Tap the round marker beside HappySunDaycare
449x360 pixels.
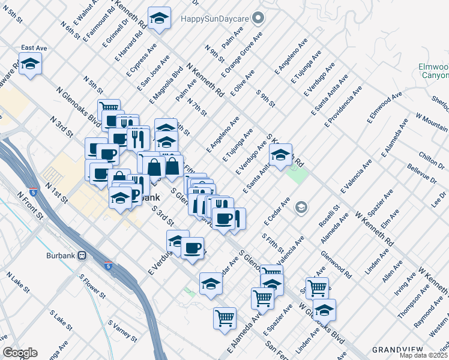259,18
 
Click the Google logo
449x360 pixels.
20,353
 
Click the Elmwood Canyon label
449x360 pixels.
433,71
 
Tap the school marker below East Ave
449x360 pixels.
29,64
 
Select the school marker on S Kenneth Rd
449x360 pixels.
280,155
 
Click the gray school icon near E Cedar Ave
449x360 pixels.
301,208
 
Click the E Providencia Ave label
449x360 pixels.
343,106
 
